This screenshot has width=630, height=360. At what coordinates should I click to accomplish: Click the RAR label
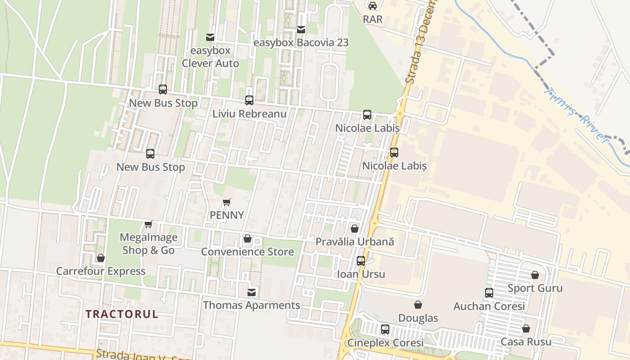373,19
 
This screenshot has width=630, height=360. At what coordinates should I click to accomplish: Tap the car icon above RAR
373,6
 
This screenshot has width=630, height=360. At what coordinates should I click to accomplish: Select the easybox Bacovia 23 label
301,43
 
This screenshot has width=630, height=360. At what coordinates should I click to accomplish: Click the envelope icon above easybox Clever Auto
210,37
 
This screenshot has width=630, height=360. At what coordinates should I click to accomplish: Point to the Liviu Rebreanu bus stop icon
249,100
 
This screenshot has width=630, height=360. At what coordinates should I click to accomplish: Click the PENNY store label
227,215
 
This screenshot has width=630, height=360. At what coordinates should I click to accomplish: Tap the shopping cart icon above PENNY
227,202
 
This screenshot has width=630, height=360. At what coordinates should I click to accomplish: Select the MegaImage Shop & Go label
148,243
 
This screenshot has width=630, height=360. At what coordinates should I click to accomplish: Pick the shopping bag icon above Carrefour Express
101,258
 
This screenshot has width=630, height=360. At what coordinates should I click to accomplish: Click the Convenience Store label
247,252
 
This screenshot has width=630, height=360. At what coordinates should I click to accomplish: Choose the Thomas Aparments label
252,305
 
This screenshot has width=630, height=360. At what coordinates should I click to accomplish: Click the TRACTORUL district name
122,314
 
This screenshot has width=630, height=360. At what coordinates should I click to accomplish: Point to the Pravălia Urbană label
355,242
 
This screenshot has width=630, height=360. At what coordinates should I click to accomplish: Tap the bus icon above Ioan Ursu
361,261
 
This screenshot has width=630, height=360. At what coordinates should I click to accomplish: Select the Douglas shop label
418,318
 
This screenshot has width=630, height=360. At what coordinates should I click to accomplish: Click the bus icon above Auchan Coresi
489,293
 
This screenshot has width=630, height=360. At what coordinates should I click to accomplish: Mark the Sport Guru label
535,288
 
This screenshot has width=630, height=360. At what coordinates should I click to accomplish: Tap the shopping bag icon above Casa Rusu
526,329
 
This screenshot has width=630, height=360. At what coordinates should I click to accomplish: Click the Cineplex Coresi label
385,342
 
